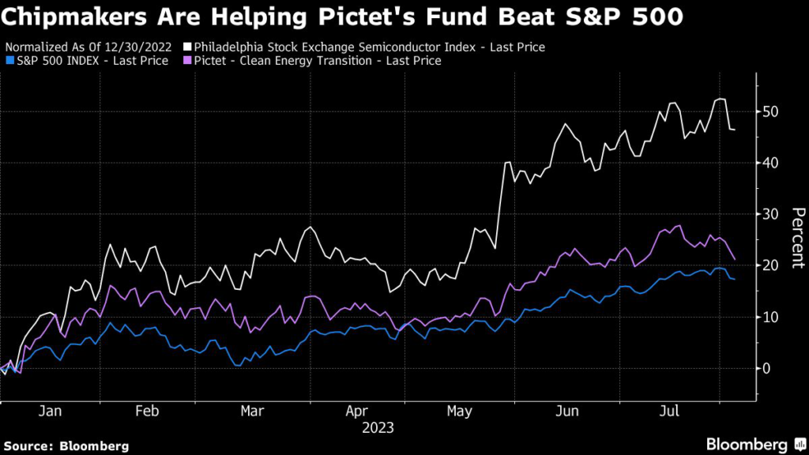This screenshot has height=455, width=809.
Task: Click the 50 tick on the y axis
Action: tap(770, 111)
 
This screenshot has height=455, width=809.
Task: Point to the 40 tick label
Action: tap(770, 163)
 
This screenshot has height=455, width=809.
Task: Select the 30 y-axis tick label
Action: tap(770, 214)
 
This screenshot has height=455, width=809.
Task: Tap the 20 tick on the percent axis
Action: tap(770, 265)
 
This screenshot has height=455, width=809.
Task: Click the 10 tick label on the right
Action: tap(770, 317)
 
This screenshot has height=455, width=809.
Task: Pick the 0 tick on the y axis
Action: tap(766, 368)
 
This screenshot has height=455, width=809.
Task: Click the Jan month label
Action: tap(50, 411)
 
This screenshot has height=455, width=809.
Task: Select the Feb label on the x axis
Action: tap(147, 411)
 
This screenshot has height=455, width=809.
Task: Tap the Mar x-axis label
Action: tap(252, 411)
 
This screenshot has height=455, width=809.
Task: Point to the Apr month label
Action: tap(356, 412)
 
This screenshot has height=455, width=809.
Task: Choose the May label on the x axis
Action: tap(459, 412)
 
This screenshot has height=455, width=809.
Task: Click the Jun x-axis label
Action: tap(567, 411)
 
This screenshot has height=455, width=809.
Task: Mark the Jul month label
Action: tap(670, 411)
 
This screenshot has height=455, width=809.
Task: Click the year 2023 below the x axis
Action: tap(378, 428)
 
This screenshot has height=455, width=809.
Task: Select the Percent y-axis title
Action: tap(798, 238)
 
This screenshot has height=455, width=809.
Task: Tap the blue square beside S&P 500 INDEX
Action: tap(9, 61)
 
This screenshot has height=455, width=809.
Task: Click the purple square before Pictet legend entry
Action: tap(187, 61)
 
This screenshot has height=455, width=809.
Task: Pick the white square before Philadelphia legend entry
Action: tap(187, 47)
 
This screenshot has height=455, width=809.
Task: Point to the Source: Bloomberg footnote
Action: tap(66, 446)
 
